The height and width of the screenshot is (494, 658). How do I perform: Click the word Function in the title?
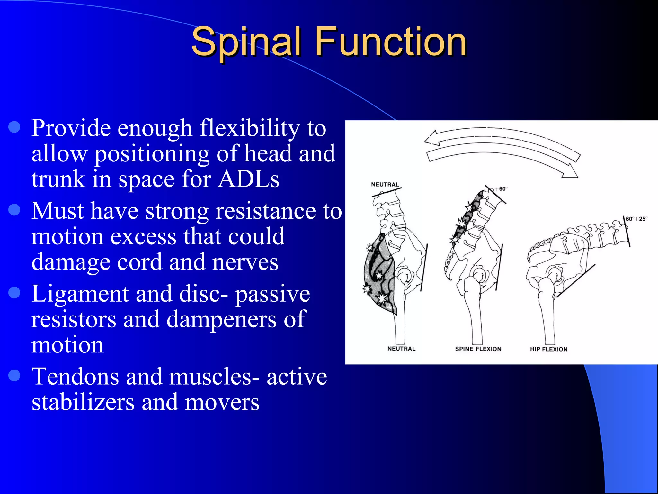click(x=390, y=42)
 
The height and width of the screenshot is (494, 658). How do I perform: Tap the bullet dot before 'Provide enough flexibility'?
click(x=14, y=127)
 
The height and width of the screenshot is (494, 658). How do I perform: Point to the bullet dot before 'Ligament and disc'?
click(x=14, y=293)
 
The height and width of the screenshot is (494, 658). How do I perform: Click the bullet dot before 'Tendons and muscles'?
click(x=14, y=375)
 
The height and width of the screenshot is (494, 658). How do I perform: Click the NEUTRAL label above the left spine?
click(x=385, y=185)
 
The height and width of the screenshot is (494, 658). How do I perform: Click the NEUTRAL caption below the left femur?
click(x=401, y=349)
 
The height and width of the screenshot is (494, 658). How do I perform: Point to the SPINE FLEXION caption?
click(x=478, y=349)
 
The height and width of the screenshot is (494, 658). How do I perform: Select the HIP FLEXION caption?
click(x=549, y=349)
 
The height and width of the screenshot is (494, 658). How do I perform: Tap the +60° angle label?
click(x=502, y=189)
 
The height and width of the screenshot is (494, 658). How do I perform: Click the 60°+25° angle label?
click(x=636, y=219)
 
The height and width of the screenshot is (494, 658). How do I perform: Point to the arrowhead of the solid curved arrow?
click(x=570, y=172)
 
